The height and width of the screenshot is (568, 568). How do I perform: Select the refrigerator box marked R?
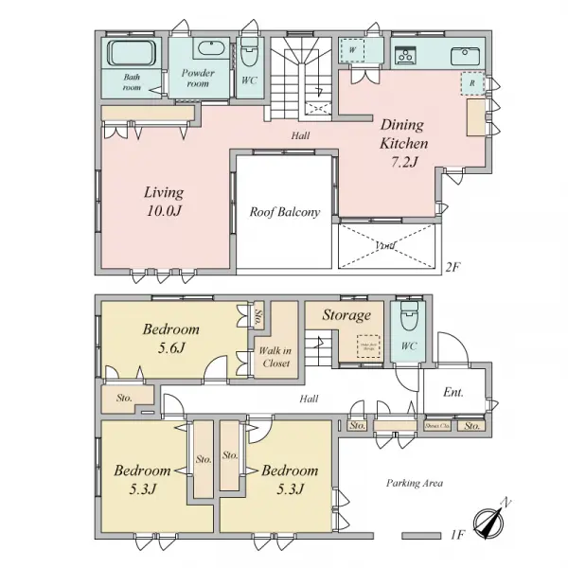(470, 82)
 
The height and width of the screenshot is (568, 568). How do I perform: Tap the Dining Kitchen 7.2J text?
(404, 143)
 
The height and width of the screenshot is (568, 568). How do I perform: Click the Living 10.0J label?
(165, 200)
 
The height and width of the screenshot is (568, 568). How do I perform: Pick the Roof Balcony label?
(285, 212)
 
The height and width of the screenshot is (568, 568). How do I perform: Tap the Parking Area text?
(414, 482)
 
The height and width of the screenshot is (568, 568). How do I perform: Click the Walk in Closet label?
(275, 357)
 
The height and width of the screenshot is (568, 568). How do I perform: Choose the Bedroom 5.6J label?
(170, 338)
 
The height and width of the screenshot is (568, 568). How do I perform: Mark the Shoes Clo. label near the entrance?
(436, 426)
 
